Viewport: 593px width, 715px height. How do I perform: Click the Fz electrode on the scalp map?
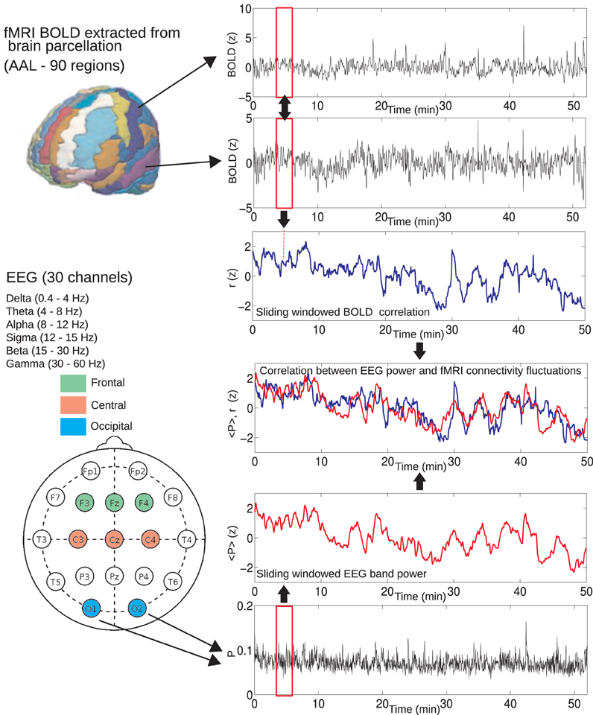(x=113, y=504)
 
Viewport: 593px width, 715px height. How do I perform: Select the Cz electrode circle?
(x=113, y=538)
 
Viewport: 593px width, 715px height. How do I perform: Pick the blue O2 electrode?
(x=137, y=608)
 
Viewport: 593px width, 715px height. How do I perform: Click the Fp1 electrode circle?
(x=90, y=472)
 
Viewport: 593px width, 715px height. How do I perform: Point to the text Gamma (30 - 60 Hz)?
(x=54, y=363)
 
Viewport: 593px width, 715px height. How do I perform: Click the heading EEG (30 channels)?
(x=69, y=278)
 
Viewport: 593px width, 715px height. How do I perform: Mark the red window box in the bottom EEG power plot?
(x=284, y=651)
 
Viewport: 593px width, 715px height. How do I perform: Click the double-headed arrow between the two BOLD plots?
(x=284, y=107)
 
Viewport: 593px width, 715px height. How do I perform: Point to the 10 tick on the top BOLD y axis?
(x=243, y=10)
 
